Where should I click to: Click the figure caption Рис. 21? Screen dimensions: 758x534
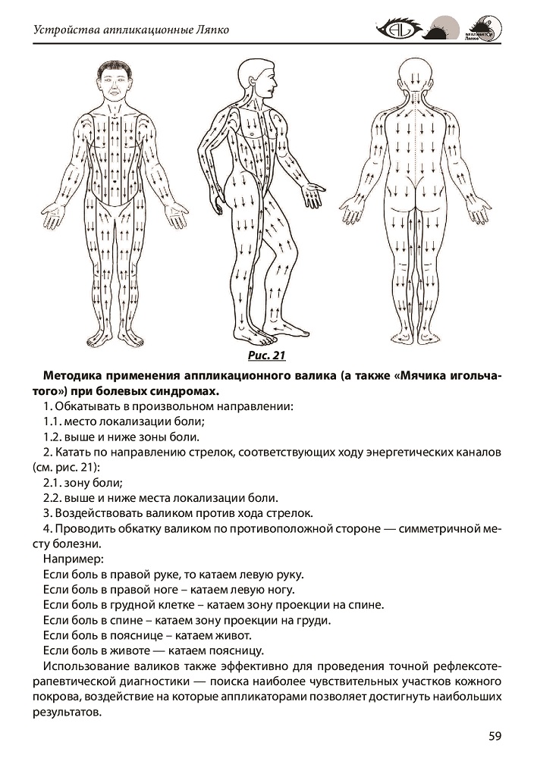click(x=266, y=354)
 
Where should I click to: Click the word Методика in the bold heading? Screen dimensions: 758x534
click(x=75, y=376)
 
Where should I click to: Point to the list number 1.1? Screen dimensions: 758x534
click(x=53, y=421)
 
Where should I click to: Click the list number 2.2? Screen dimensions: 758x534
click(x=53, y=498)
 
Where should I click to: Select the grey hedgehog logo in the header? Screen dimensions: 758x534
click(x=441, y=30)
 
